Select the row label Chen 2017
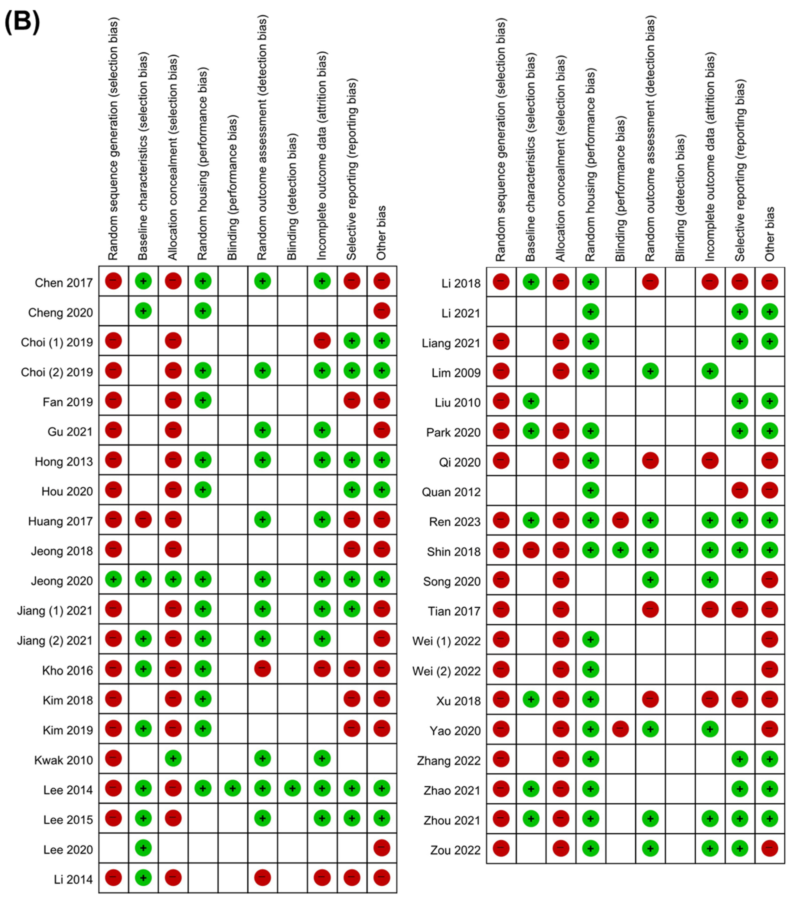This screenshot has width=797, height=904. (x=64, y=283)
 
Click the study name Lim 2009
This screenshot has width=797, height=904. (x=456, y=373)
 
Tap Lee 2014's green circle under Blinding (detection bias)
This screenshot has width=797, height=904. (x=292, y=788)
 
